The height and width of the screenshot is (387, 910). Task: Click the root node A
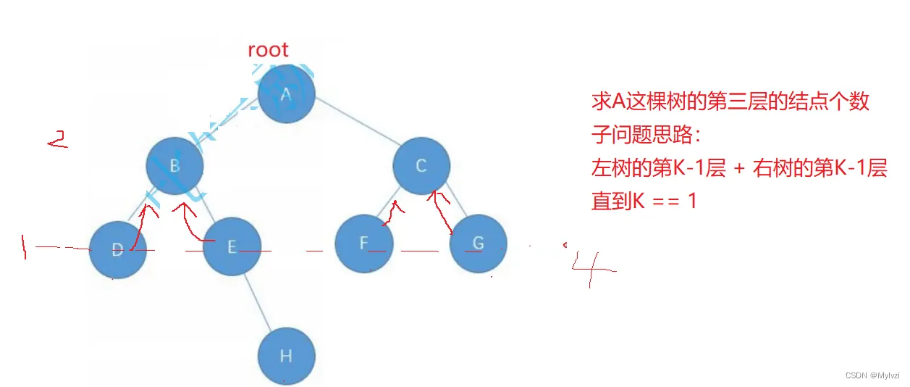(x=286, y=94)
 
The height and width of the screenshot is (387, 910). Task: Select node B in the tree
(x=174, y=166)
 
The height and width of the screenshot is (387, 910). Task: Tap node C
(x=421, y=166)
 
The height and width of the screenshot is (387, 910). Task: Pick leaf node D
(x=117, y=250)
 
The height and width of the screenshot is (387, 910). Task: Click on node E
(x=231, y=247)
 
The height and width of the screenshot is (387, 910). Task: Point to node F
(x=363, y=244)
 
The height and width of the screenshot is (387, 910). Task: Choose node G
(x=478, y=244)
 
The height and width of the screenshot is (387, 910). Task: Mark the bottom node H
(x=287, y=356)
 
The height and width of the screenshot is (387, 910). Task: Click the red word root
(x=268, y=50)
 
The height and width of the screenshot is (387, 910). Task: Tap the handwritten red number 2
(x=58, y=139)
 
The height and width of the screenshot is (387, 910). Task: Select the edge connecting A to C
(x=355, y=123)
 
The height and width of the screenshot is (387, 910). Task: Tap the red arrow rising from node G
(x=442, y=210)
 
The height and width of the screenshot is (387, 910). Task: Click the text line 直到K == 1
(x=644, y=201)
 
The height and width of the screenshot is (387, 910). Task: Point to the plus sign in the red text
(x=739, y=169)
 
